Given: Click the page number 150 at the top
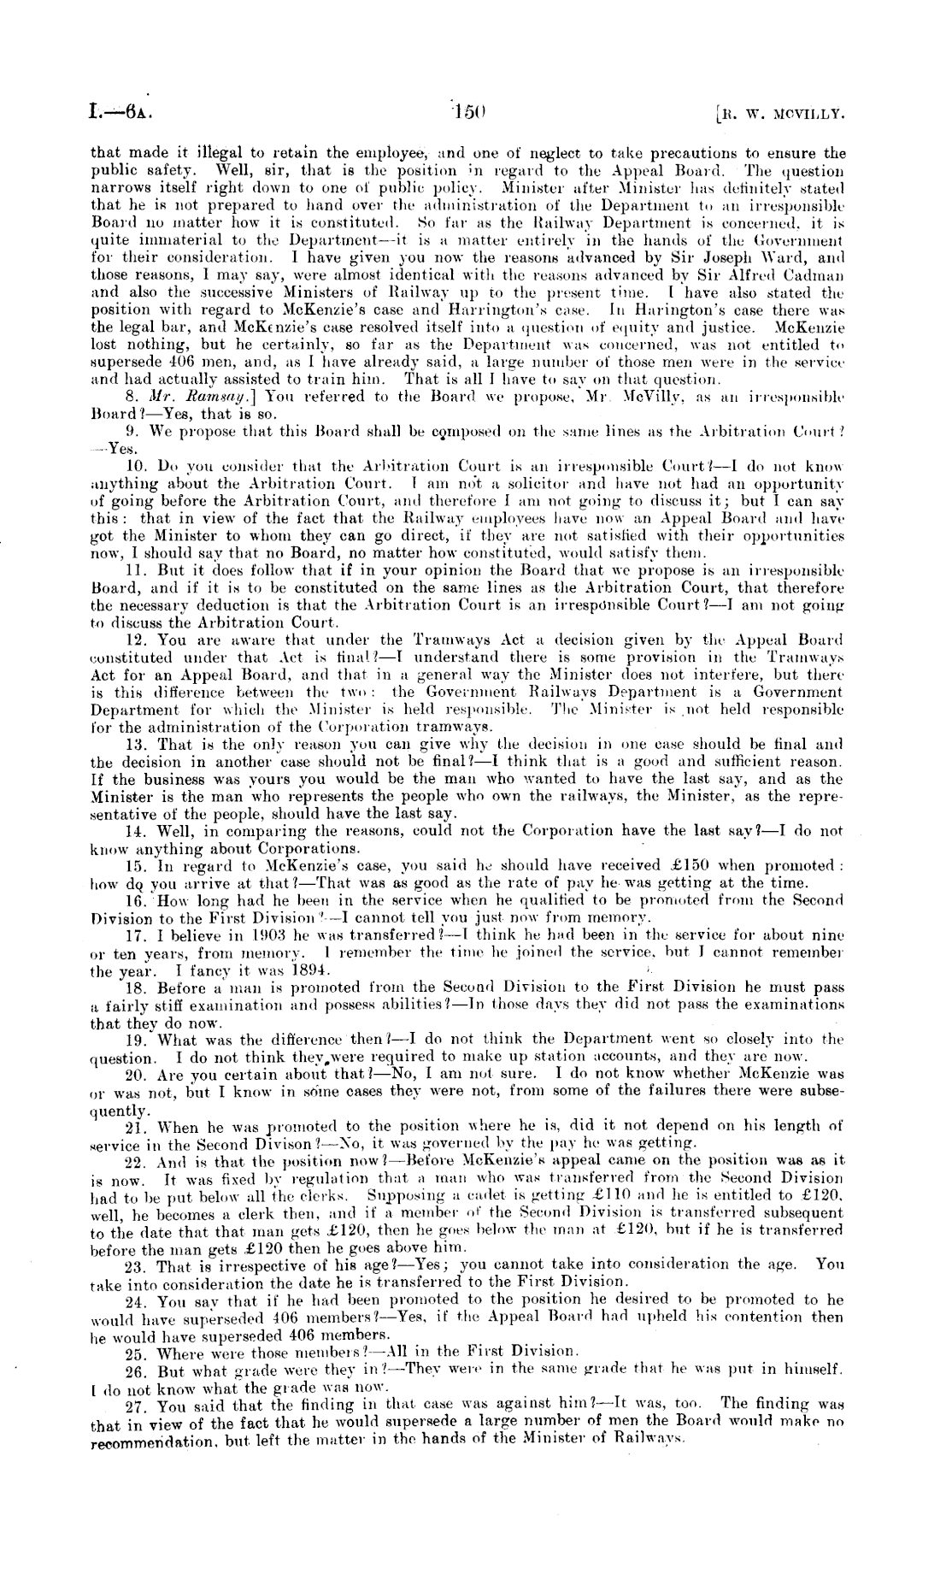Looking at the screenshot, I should point(470,110).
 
